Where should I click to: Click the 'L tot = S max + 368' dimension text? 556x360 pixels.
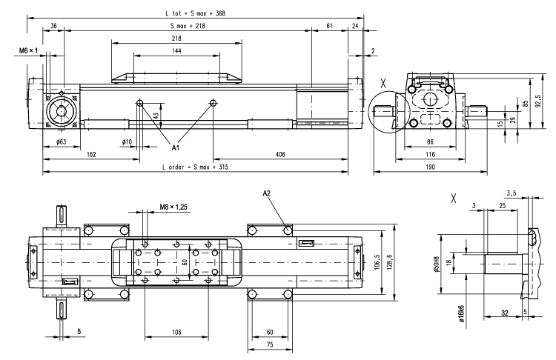click(x=194, y=13)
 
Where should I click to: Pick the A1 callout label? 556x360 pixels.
click(x=176, y=147)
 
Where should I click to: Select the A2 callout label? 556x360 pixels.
click(x=267, y=193)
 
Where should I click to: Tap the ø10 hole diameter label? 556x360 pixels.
click(x=127, y=141)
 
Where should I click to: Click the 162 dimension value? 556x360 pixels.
click(x=90, y=155)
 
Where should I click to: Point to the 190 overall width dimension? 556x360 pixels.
click(x=429, y=168)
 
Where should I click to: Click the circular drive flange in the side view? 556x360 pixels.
click(x=60, y=112)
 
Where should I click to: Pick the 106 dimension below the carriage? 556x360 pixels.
click(x=176, y=333)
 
